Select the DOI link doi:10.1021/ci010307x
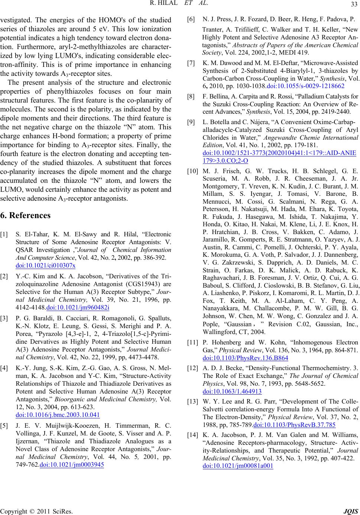[x=46, y=265]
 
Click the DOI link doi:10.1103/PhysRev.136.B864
[x=246, y=358]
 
